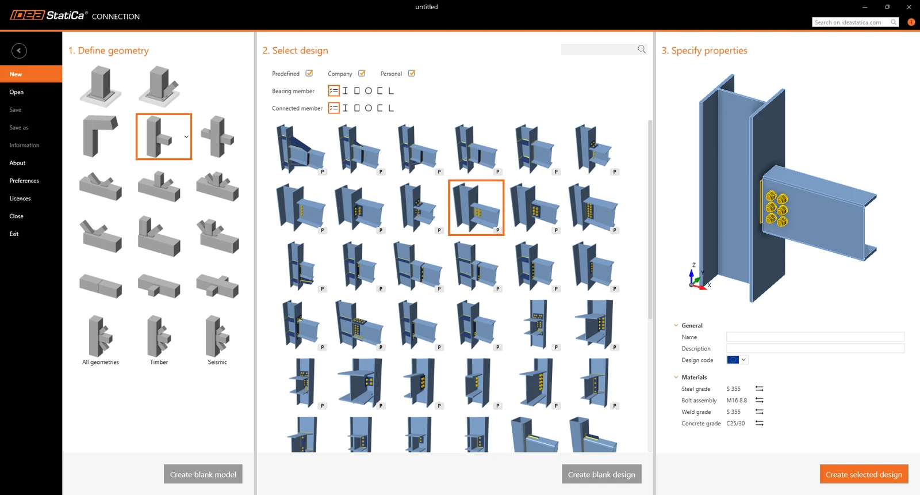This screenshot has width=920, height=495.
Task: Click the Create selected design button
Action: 864,474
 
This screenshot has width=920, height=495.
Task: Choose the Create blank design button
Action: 601,474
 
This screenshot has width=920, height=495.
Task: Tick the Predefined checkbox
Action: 309,73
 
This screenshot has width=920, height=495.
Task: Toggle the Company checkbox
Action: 362,73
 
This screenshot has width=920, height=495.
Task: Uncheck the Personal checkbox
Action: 412,73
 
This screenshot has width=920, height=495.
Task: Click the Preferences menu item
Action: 24,181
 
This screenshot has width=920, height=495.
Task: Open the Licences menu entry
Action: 20,198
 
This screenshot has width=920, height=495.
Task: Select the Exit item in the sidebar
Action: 14,234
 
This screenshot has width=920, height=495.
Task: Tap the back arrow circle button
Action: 19,51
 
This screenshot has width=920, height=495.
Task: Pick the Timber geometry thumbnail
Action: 159,337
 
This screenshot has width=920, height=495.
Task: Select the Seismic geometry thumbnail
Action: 217,337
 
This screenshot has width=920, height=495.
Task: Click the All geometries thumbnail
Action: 100,337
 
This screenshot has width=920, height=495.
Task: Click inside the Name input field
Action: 815,337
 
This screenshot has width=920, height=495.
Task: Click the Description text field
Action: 815,348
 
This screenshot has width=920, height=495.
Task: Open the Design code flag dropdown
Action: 737,360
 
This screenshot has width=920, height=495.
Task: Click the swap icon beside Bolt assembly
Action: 759,400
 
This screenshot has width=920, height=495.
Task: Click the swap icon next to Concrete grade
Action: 759,423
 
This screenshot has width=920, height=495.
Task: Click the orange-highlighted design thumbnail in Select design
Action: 476,208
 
